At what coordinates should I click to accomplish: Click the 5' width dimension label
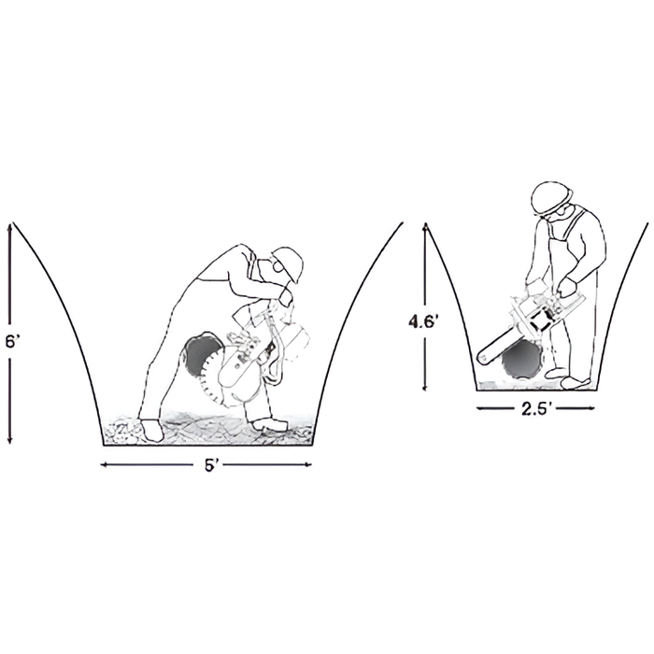coord(212,465)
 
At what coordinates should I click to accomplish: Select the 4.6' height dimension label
coord(423,321)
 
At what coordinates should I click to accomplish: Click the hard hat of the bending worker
coord(289,263)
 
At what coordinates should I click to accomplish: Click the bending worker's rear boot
coord(152,430)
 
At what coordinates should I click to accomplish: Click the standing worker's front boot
coord(576,382)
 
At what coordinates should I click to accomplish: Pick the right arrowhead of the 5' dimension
coord(308,464)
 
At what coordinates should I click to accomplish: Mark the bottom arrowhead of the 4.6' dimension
coord(425,387)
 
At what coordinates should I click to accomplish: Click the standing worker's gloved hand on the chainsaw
coord(567,288)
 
